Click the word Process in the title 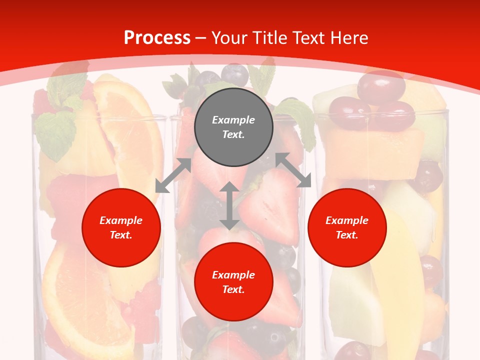[157, 38]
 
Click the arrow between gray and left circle [173, 175]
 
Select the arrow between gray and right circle [293, 170]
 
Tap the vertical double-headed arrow [229, 205]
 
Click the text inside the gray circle [233, 127]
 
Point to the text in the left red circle [121, 227]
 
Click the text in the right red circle [347, 227]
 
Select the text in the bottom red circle [233, 282]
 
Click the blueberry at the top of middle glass [234, 74]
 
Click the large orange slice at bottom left [80, 300]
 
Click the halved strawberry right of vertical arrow [270, 205]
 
